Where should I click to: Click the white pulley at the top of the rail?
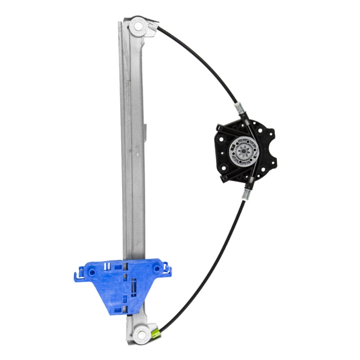pyautogui.click(x=138, y=26)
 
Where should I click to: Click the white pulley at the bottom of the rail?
pyautogui.click(x=142, y=334)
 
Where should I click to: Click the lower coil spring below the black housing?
pyautogui.click(x=247, y=194)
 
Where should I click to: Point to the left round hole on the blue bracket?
pyautogui.click(x=92, y=272)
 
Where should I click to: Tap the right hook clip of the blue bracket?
pyautogui.click(x=168, y=271)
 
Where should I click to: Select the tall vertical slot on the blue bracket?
pyautogui.click(x=134, y=286)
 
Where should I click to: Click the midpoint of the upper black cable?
pyautogui.click(x=202, y=58)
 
